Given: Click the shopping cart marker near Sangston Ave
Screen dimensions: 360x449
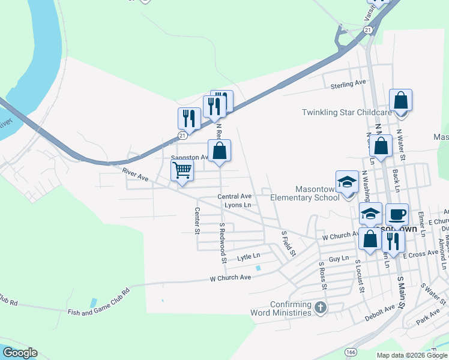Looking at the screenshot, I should (182, 170).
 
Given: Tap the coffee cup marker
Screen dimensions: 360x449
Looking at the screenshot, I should (396, 214).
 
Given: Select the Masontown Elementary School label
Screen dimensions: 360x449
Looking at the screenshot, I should (304, 193).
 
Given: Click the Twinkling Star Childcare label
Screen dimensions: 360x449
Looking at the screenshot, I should (346, 112).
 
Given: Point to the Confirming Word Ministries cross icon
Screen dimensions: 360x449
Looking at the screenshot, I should (321, 308).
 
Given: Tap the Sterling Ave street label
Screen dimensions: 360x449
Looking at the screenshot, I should (348, 85).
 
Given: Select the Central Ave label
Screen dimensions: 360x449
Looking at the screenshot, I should (234, 196).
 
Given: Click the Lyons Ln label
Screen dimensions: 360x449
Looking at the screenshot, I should (238, 205).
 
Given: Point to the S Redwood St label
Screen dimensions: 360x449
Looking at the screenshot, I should (222, 243).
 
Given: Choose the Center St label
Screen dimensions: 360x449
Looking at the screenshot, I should (197, 221).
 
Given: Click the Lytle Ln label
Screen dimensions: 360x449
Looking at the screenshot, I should (249, 257).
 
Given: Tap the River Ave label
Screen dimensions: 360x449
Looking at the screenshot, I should (135, 175).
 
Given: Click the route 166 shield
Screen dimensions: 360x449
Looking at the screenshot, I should (351, 351).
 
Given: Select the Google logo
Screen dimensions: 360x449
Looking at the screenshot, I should (19, 353).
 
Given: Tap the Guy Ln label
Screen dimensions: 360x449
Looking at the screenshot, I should (339, 259).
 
